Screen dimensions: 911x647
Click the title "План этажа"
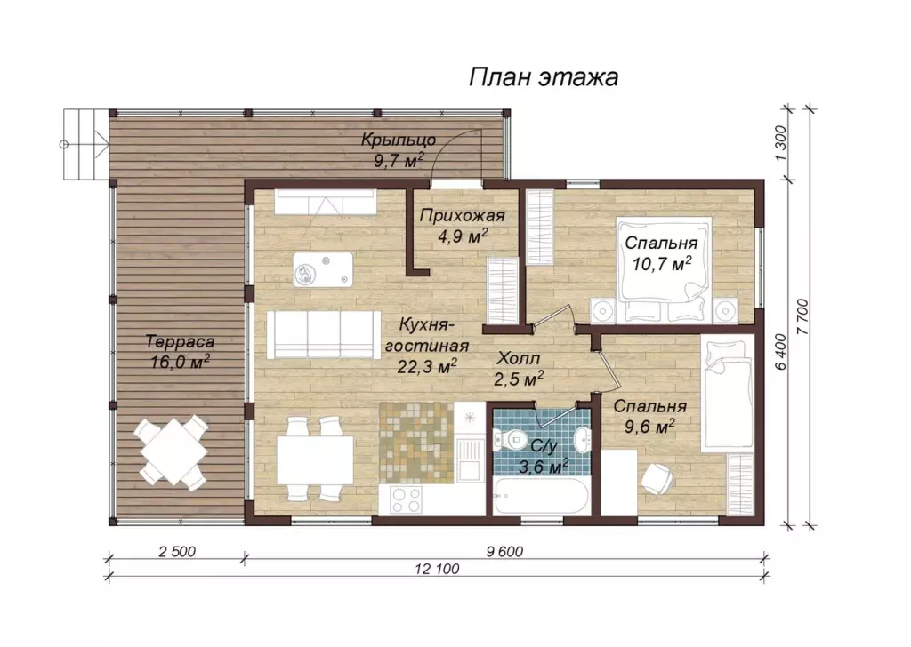[x=544, y=77]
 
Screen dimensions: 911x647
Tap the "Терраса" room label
[x=180, y=342]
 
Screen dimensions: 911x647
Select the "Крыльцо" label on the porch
[x=399, y=140]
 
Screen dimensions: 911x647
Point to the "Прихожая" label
[x=462, y=217]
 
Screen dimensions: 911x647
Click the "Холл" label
[x=518, y=359]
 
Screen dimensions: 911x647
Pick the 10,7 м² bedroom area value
[x=662, y=264]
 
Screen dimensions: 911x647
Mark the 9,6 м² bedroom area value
[x=649, y=427]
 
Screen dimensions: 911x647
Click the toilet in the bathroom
[x=510, y=440]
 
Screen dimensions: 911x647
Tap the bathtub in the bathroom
[x=541, y=496]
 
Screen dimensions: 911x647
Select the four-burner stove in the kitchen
[x=407, y=499]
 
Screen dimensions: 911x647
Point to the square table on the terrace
[x=172, y=452]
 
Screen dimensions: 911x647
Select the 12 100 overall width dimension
[x=437, y=570]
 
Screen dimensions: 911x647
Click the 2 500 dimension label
[x=177, y=551]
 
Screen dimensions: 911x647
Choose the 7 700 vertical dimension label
[x=802, y=316]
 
